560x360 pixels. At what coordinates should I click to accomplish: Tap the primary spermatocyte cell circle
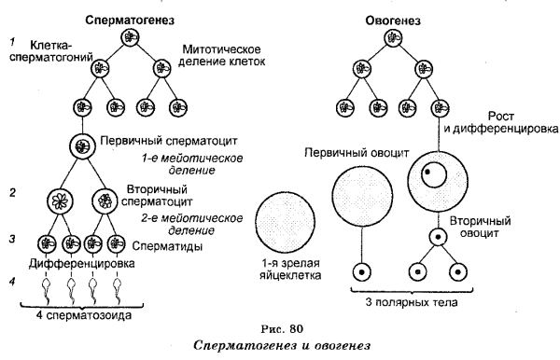click(83, 146)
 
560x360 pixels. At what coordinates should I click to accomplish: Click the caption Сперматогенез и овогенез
click(280, 346)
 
